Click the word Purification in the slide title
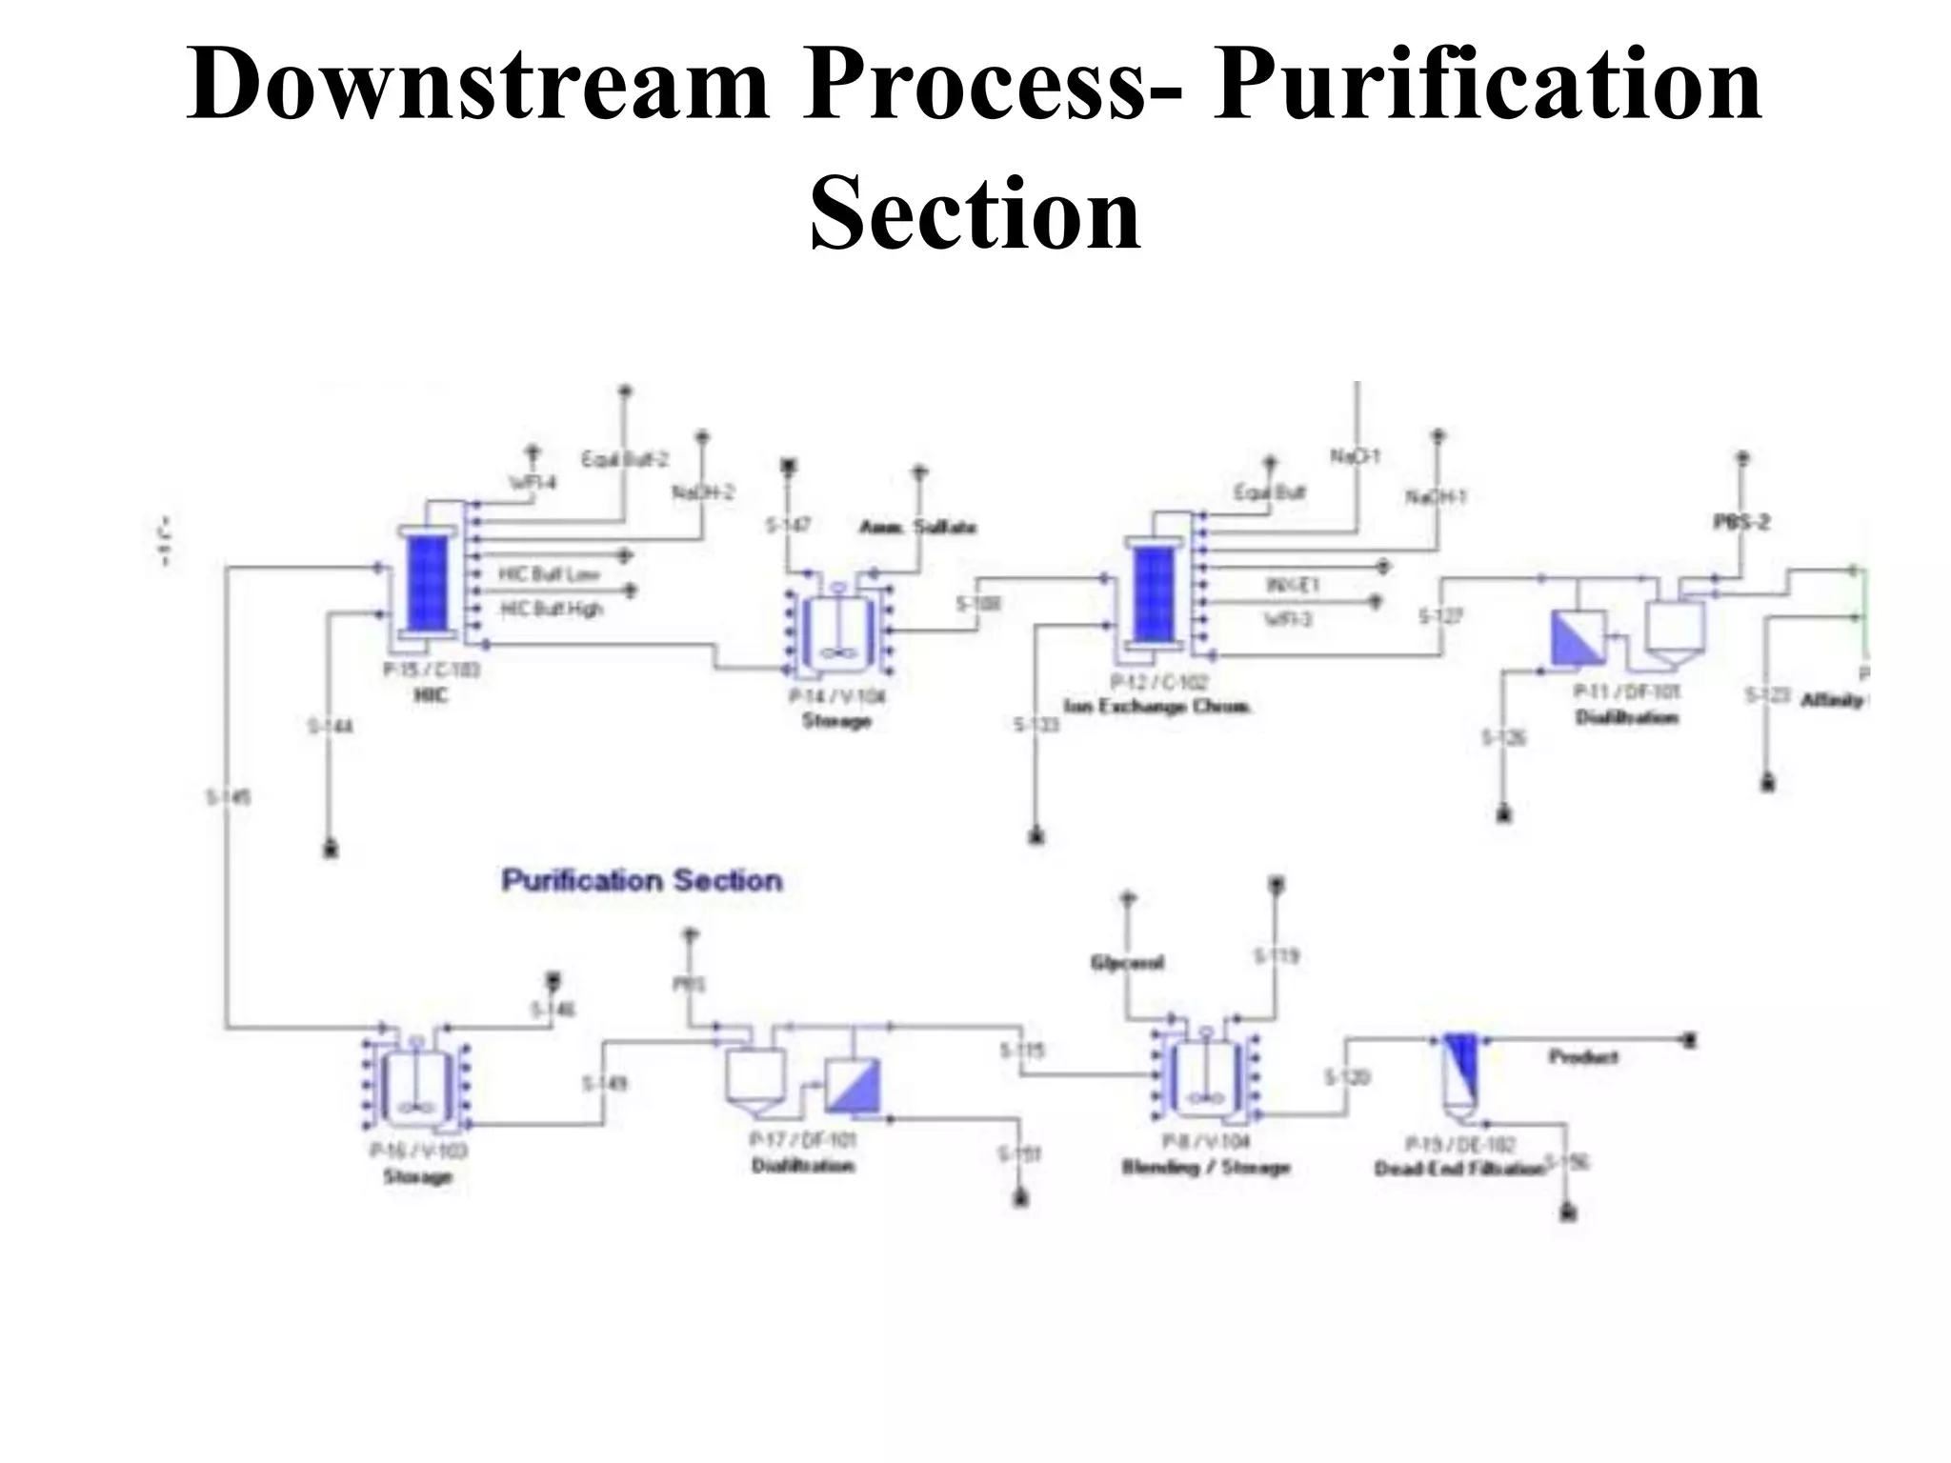coord(1486,86)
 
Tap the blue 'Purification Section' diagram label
coord(642,880)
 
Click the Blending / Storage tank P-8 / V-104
coord(1205,1076)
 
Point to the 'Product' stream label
coord(1582,1056)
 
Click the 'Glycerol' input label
coord(1127,963)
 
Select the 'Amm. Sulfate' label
coord(917,527)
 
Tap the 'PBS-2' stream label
coord(1741,522)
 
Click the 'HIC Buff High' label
coord(552,609)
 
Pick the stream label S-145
coord(229,796)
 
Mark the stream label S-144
coord(331,727)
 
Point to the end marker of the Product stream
coord(1689,1039)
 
